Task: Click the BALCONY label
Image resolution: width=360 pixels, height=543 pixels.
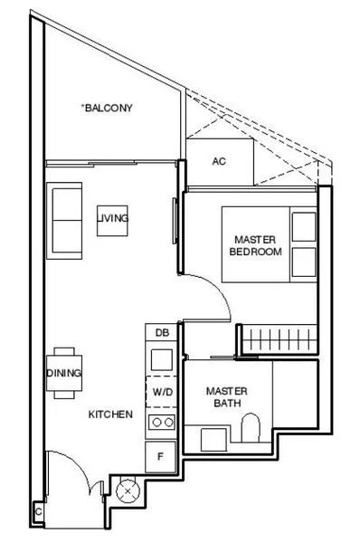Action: click(108, 108)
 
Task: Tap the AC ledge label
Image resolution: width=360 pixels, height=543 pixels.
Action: click(218, 162)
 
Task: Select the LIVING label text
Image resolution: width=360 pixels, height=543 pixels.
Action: click(114, 218)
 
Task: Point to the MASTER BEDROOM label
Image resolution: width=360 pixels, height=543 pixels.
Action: click(254, 245)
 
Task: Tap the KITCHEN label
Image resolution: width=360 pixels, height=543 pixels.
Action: click(110, 414)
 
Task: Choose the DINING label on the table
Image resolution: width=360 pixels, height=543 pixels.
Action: click(64, 373)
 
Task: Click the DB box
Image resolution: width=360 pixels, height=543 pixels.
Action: click(161, 334)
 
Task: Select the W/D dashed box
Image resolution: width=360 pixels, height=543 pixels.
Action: click(161, 392)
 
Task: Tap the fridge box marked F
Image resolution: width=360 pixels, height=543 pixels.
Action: click(161, 456)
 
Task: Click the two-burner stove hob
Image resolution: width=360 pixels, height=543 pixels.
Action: click(161, 422)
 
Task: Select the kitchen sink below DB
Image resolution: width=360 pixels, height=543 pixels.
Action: click(161, 359)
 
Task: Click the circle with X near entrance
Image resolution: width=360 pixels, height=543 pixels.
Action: click(128, 494)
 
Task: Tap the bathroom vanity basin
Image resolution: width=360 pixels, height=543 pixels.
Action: click(214, 440)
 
